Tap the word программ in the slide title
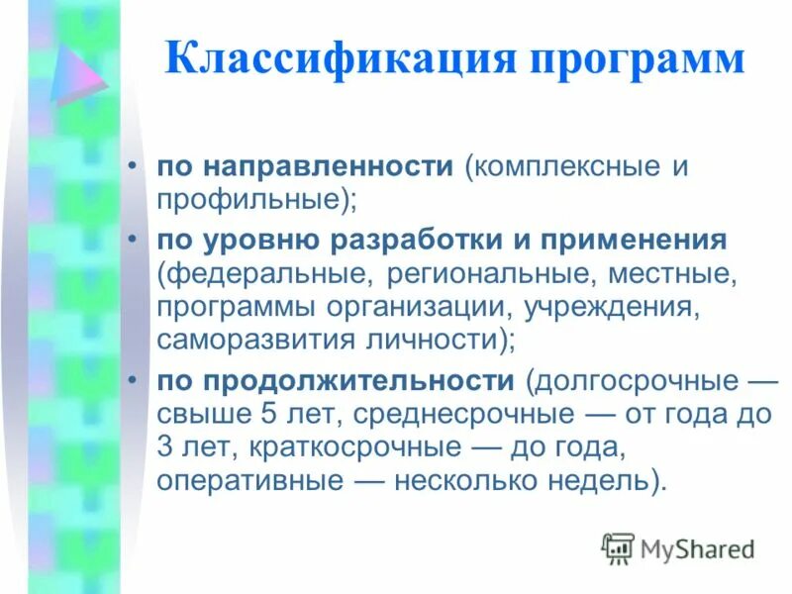click(631, 61)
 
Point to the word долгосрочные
click(633, 381)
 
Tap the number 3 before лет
click(165, 447)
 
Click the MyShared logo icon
click(618, 547)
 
